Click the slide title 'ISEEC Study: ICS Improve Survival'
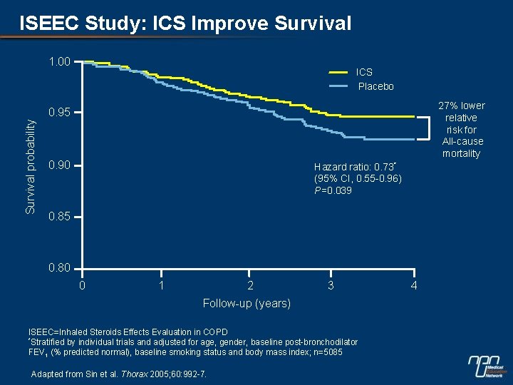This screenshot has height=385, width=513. point(185,24)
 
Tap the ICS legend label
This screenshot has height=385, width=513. point(364,72)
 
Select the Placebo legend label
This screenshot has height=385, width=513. point(375,86)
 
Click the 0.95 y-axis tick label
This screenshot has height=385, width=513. point(59,113)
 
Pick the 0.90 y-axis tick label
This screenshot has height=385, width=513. point(59,165)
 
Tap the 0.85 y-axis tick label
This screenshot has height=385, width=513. point(59,217)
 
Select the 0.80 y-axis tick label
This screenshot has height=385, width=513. point(59,269)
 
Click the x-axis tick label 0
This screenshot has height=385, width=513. point(82,286)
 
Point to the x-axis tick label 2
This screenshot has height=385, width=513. point(249,286)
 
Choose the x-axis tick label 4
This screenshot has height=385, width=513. point(414,286)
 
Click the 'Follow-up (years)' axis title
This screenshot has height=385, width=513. point(247,304)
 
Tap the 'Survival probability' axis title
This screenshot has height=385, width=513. point(30,165)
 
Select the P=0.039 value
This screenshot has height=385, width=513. point(333,190)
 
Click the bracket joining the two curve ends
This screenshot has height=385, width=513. point(430,128)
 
